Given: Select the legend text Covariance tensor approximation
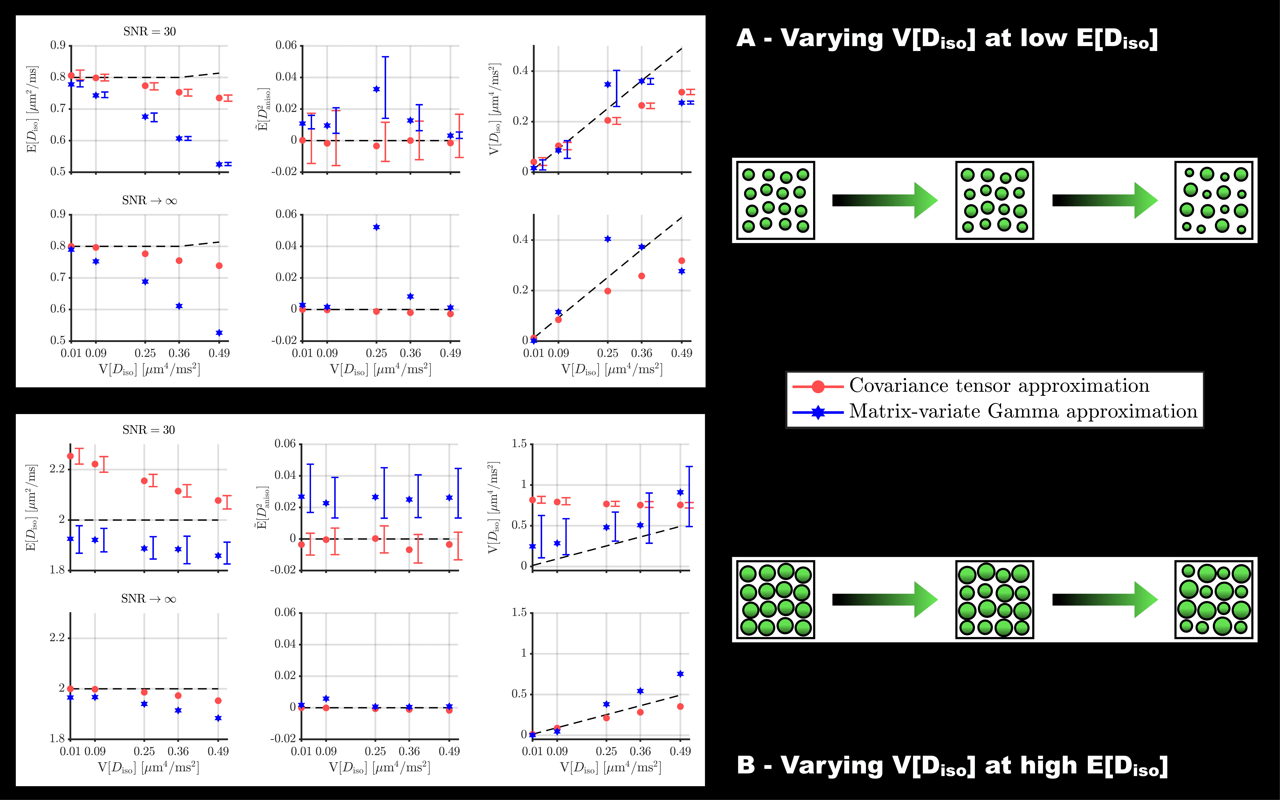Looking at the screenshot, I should pyautogui.click(x=999, y=386).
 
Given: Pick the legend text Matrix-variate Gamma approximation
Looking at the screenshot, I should pyautogui.click(x=1023, y=411).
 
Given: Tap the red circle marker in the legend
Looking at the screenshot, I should pyautogui.click(x=818, y=387).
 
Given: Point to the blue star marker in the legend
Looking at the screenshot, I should pyautogui.click(x=818, y=412).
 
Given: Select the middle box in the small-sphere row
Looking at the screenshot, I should pyautogui.click(x=994, y=201).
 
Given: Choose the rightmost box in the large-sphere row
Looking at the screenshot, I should pyautogui.click(x=1214, y=599).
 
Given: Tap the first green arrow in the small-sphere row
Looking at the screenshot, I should pyautogui.click(x=885, y=201).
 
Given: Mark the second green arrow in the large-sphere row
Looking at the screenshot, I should pyautogui.click(x=1105, y=599).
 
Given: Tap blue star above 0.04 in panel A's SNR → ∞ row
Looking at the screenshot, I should pyautogui.click(x=376, y=227).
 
